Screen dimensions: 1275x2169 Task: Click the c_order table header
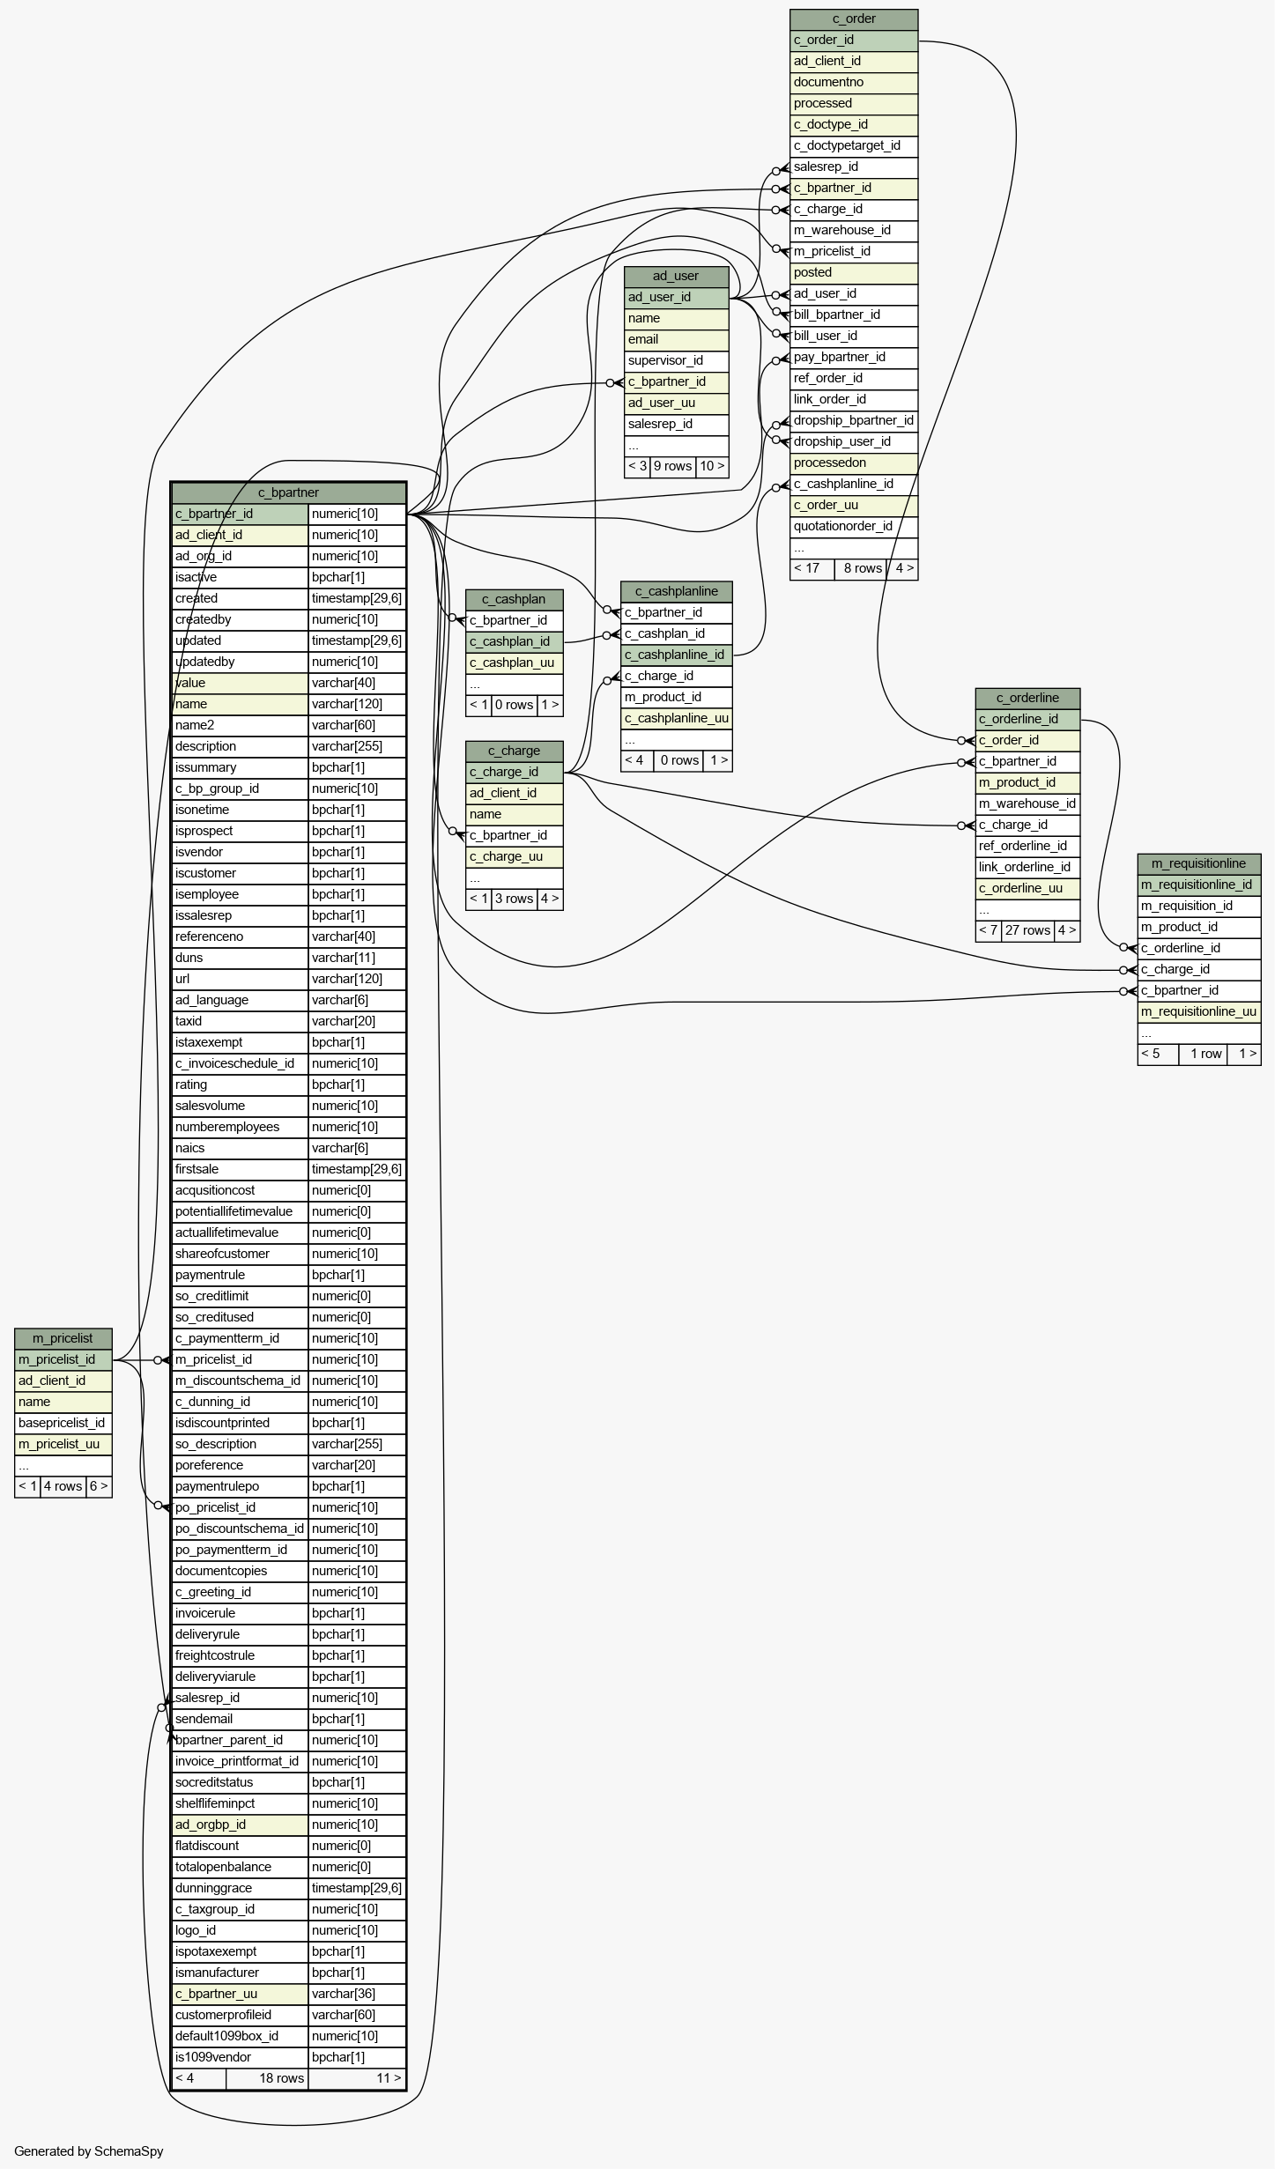pos(854,19)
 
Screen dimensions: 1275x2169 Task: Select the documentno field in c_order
pos(854,83)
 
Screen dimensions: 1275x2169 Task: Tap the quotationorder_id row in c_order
pos(854,527)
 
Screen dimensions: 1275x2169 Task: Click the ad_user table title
pos(676,277)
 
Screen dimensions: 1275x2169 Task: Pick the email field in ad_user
pos(676,340)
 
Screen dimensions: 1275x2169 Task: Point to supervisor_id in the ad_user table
pos(676,361)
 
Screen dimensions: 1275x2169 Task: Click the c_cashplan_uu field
pos(514,663)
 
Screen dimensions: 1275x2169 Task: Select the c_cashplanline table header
pos(677,592)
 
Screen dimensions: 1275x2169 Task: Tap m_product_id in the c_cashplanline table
pos(677,698)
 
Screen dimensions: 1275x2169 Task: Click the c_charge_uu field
pos(514,857)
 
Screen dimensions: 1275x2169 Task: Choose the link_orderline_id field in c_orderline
pos(1027,868)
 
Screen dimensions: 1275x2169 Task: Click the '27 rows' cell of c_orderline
pos(1027,931)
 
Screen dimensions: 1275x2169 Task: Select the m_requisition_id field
pos(1198,907)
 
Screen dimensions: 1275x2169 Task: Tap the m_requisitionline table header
pos(1198,864)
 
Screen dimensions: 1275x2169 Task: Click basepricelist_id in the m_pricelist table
pos(63,1424)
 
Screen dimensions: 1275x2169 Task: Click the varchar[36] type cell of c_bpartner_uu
pos(357,1995)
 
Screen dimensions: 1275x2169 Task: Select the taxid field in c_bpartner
pos(240,1022)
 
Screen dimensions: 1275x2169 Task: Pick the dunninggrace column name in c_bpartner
pos(240,1889)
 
